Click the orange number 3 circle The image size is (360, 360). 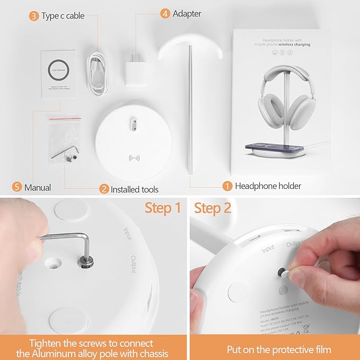click(33, 16)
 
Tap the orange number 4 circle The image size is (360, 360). click(165, 13)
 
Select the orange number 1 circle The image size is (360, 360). click(227, 186)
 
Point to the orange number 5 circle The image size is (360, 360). click(17, 187)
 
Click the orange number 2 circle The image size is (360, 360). click(104, 189)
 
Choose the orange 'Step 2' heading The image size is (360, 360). click(213, 208)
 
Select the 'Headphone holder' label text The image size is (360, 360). click(268, 186)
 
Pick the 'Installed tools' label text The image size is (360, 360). click(135, 189)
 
